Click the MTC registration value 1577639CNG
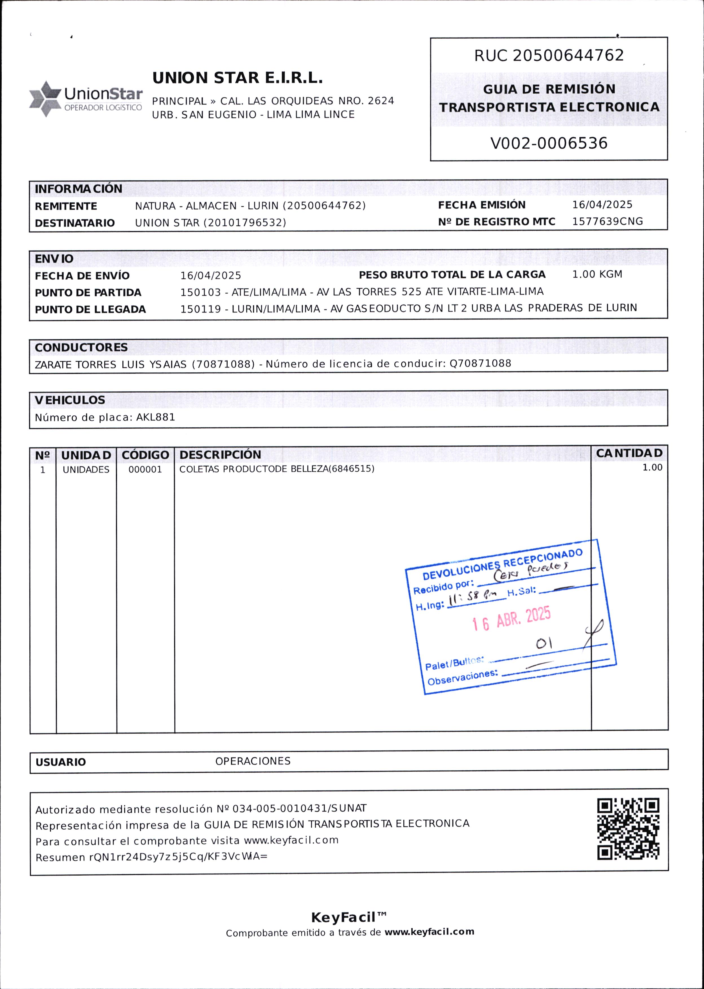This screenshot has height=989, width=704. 607,221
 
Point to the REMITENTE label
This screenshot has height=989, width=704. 66,206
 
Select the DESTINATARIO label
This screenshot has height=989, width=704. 74,223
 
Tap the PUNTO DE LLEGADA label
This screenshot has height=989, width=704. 90,309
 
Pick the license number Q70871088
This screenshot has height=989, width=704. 480,363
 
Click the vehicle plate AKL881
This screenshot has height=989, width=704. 156,417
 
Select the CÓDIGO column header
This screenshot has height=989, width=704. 145,455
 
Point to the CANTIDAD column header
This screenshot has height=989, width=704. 629,453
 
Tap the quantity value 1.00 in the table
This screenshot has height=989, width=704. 652,468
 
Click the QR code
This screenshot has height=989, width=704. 628,828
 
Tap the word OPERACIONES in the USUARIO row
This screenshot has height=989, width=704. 253,761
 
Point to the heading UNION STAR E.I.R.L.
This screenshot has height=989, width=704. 237,78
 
